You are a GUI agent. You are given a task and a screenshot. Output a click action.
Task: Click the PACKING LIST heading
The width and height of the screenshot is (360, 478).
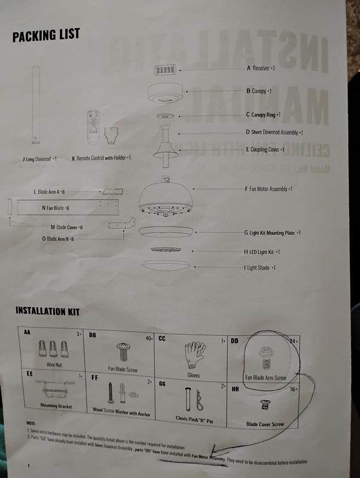coord(45,35)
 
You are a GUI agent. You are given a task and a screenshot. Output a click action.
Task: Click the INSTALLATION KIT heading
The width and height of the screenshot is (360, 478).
coord(47,311)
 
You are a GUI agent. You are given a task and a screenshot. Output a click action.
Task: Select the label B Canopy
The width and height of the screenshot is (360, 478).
coord(260,91)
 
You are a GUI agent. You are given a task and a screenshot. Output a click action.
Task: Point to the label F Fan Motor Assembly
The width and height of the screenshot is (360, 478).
coord(269,189)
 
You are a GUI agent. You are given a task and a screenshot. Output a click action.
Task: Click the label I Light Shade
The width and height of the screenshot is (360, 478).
coord(261,268)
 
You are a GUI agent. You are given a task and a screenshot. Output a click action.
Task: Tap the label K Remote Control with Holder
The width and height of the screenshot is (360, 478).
coord(101,158)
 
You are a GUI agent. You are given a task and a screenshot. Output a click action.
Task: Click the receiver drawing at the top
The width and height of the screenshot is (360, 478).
coord(166,70)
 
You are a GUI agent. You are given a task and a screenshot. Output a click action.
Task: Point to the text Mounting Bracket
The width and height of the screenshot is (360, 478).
coord(50,405)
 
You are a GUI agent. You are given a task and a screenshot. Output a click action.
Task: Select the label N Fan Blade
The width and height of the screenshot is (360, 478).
coord(56,208)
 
